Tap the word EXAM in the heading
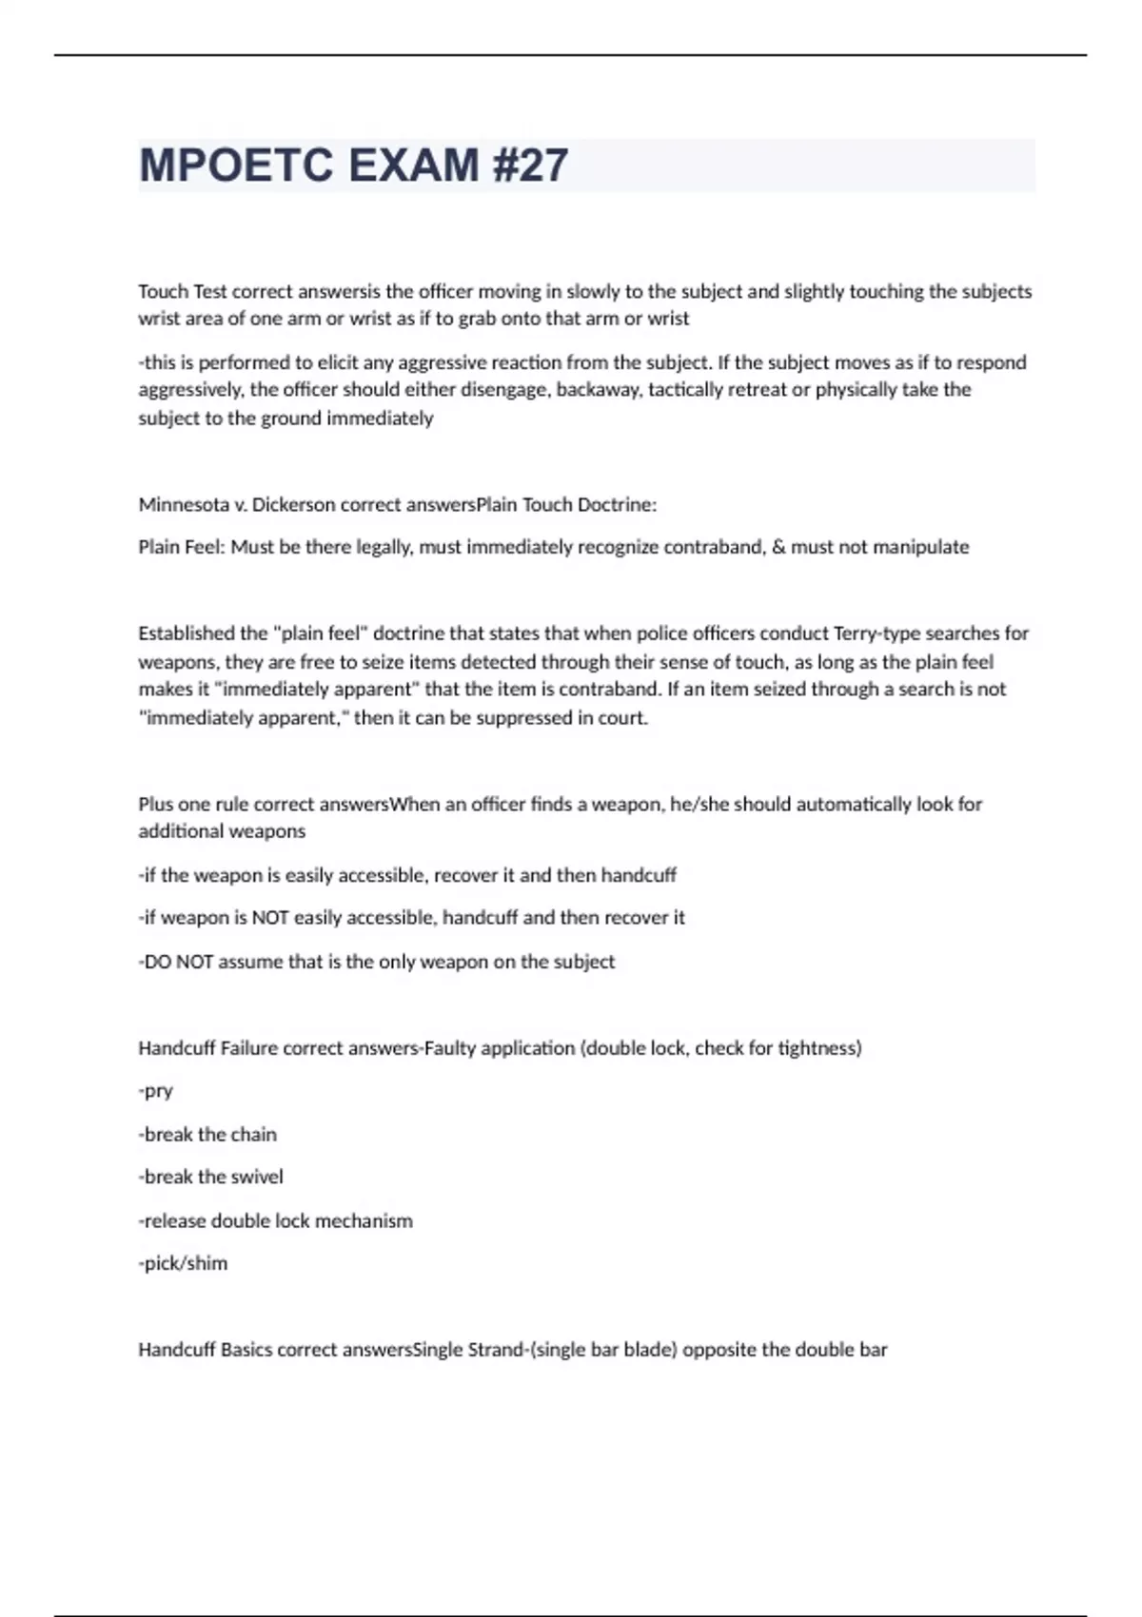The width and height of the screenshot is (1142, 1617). click(x=414, y=166)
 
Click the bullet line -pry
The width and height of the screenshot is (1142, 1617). click(x=156, y=1091)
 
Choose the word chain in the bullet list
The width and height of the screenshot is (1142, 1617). click(x=255, y=1134)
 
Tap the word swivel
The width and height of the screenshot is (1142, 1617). click(x=257, y=1177)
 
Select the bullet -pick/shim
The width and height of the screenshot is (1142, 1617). click(x=184, y=1263)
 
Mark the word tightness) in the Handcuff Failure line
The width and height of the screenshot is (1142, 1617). click(x=819, y=1048)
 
